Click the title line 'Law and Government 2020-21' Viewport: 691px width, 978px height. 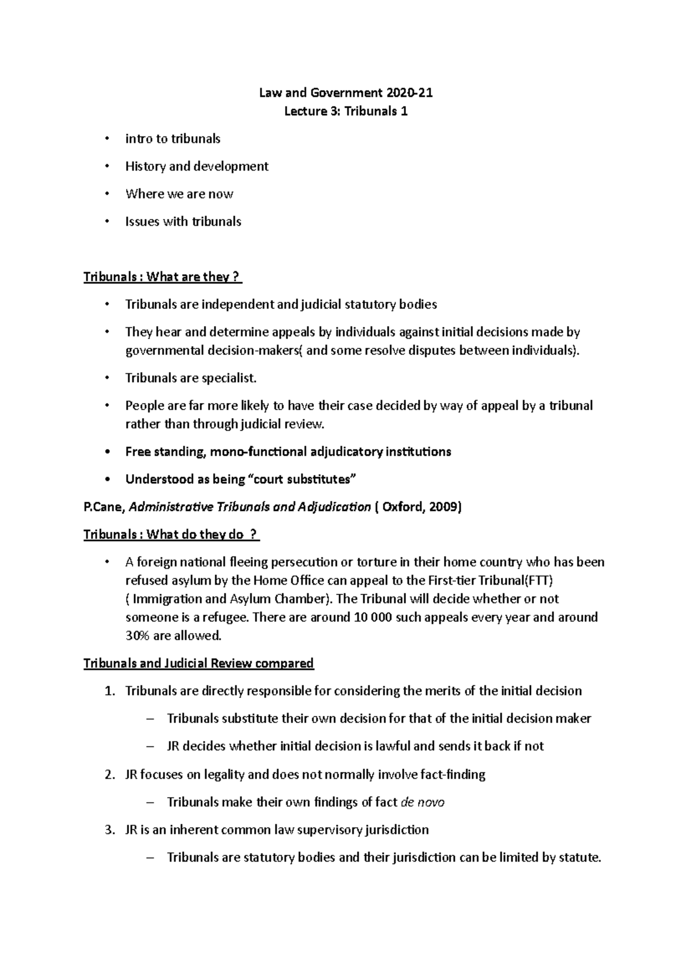click(345, 93)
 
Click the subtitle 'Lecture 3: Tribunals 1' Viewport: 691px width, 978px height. click(345, 111)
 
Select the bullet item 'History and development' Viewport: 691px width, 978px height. click(197, 166)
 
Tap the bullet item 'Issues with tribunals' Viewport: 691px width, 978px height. click(183, 222)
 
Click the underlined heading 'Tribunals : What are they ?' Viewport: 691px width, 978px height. click(162, 277)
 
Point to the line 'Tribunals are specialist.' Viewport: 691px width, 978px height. click(191, 378)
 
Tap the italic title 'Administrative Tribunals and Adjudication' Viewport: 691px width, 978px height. click(250, 507)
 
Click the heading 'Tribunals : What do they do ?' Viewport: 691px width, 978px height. click(171, 535)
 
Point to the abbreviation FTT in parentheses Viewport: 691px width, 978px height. click(540, 580)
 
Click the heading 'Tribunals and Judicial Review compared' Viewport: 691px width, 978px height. click(199, 664)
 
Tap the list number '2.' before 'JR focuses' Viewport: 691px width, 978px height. click(111, 775)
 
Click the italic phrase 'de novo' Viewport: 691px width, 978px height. click(422, 802)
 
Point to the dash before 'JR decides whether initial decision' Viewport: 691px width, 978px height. click(151, 746)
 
